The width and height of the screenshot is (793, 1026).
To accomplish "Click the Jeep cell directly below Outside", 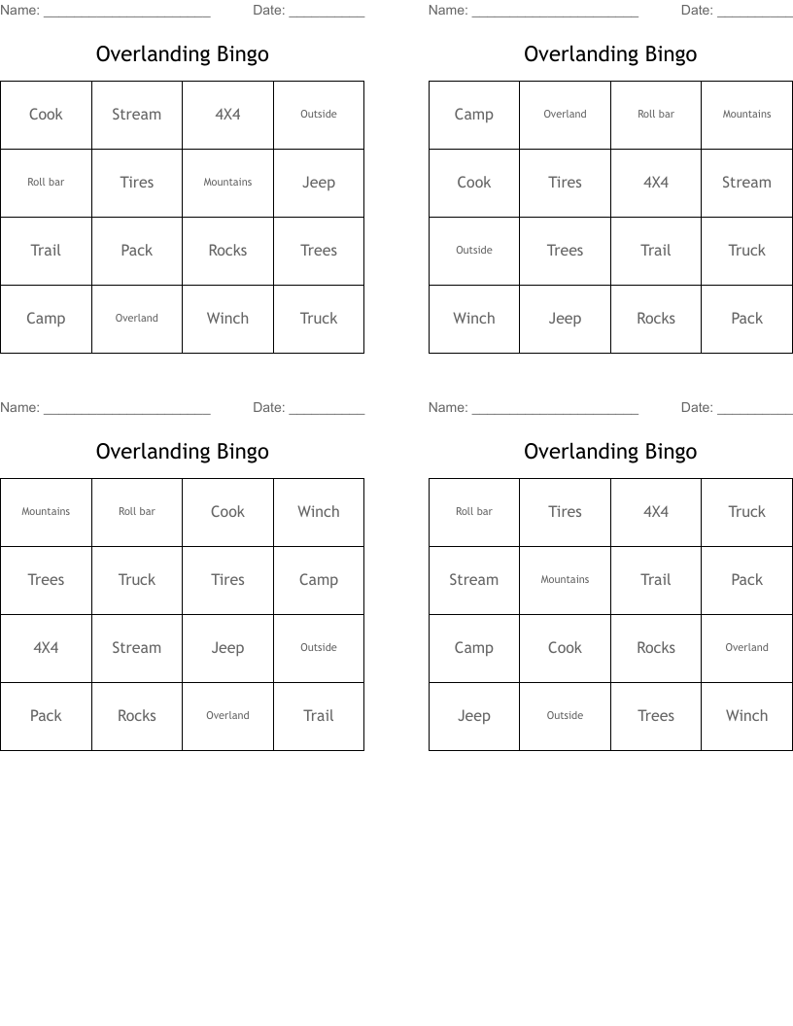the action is click(319, 183).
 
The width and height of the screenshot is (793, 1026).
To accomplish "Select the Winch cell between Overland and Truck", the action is click(227, 319).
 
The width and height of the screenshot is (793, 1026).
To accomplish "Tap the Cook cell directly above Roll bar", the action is click(46, 115).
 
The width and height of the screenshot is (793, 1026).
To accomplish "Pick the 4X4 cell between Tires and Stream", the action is click(656, 183).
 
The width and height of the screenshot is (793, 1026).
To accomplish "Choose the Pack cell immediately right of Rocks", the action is click(746, 319).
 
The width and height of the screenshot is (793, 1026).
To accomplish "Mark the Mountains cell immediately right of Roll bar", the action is click(746, 115).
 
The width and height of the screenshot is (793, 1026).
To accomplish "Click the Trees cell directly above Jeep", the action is click(565, 251).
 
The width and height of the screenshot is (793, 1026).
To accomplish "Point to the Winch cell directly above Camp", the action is click(319, 512).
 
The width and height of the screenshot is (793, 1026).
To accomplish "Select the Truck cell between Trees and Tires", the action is click(137, 580).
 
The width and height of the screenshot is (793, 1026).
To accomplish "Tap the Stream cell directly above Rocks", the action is click(137, 648).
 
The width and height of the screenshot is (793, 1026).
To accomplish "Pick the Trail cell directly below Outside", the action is click(319, 716).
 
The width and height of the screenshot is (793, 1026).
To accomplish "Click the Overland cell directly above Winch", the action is click(746, 648).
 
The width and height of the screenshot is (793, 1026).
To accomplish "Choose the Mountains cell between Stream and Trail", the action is click(565, 580).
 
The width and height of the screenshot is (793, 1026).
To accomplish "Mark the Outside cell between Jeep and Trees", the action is click(565, 716).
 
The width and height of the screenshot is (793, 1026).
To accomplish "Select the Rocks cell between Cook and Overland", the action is click(656, 648).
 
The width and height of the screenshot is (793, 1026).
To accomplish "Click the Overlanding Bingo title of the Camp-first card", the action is click(610, 54).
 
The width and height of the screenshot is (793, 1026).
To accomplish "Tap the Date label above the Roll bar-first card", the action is click(697, 408).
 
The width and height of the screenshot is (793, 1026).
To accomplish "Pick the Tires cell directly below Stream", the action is click(137, 183).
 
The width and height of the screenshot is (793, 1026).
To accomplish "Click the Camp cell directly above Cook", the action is click(474, 115).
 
